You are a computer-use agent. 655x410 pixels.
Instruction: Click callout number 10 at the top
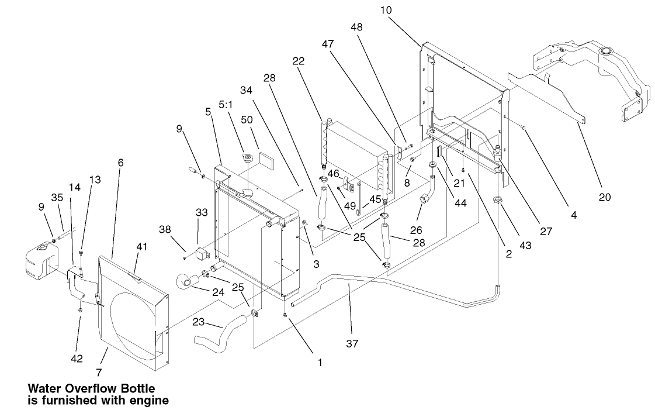[x=386, y=10]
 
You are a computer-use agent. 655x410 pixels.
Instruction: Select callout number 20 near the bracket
[x=604, y=197]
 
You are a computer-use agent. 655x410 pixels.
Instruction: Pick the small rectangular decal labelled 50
[x=266, y=159]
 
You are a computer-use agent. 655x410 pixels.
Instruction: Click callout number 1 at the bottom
[x=320, y=363]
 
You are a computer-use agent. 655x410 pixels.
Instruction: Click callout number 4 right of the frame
[x=573, y=215]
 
